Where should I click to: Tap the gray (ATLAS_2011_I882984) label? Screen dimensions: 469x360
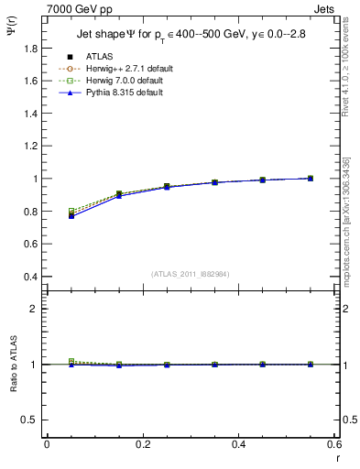189,274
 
